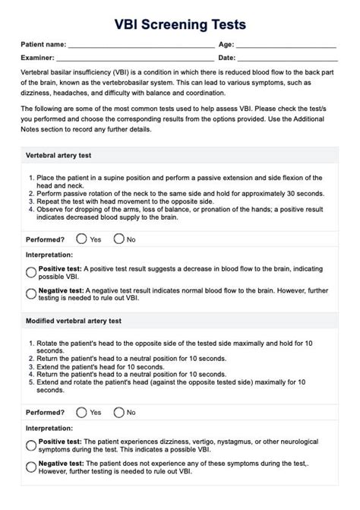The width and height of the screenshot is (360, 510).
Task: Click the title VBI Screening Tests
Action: (180, 25)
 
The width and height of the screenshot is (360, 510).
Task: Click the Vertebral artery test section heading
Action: (58, 156)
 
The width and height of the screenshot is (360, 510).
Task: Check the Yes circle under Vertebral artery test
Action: (81, 239)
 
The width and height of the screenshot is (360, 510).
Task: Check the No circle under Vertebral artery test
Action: (118, 239)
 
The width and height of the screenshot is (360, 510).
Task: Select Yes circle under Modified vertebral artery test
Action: (81, 413)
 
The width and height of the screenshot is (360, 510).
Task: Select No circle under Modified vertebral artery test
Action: (118, 413)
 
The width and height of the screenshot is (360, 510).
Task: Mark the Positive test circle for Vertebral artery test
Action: (31, 272)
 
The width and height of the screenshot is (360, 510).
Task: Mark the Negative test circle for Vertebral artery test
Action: (31, 293)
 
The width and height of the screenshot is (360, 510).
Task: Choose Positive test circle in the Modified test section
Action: (31, 445)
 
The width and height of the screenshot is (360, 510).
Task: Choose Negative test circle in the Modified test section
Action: (31, 467)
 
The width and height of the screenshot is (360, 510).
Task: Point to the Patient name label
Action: (43, 46)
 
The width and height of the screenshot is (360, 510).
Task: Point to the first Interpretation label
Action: (49, 255)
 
